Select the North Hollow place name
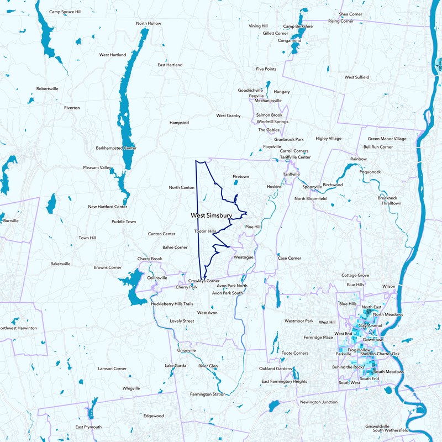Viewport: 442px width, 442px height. [x=149, y=23]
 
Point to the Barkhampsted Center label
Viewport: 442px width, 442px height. [x=116, y=148]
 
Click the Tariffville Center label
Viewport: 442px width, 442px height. [x=295, y=157]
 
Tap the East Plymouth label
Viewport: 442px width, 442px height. [x=88, y=427]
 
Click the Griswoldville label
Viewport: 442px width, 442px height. [x=377, y=426]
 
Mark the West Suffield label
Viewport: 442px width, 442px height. [x=357, y=77]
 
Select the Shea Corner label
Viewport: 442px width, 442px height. [x=351, y=14]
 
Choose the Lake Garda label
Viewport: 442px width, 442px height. [x=176, y=366]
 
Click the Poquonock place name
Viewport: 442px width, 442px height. [x=370, y=172]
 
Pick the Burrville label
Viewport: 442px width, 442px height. [x=10, y=220]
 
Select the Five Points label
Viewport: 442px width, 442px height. [x=266, y=69]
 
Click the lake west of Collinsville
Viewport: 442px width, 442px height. [x=133, y=287]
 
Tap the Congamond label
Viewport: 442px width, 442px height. [x=289, y=40]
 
